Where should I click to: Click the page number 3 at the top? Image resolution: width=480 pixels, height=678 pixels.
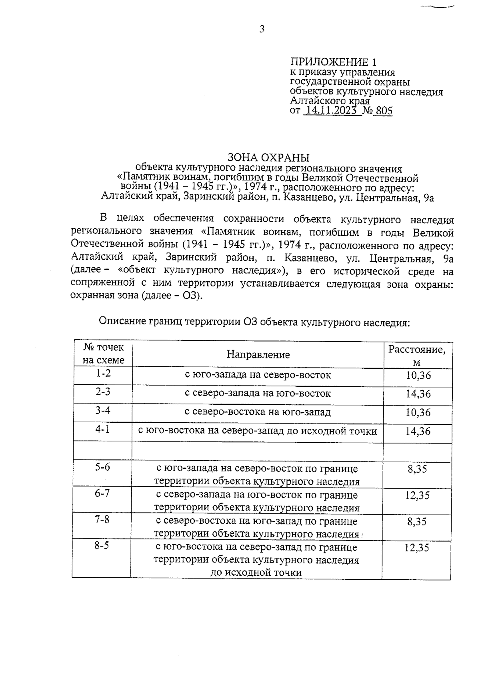click(x=262, y=29)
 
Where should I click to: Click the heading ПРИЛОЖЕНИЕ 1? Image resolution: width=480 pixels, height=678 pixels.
click(x=333, y=62)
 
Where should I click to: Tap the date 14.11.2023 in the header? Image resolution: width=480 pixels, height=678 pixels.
click(x=330, y=111)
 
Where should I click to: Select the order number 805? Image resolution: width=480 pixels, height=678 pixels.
click(x=384, y=111)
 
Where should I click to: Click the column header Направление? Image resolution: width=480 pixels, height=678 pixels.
click(x=258, y=354)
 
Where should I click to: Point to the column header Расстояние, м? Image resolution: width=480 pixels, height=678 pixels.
click(x=417, y=355)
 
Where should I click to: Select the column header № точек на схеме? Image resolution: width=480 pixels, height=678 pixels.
click(x=103, y=354)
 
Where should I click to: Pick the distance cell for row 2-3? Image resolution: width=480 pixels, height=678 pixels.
click(x=418, y=394)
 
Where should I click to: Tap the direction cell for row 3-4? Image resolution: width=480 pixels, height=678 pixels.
click(x=258, y=412)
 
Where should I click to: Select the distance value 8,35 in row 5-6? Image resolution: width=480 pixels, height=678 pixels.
click(x=417, y=469)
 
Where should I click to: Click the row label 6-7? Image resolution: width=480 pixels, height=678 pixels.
click(x=102, y=493)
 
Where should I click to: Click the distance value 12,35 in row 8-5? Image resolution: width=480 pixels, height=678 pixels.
click(x=417, y=547)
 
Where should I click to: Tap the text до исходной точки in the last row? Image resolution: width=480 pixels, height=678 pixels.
click(x=256, y=573)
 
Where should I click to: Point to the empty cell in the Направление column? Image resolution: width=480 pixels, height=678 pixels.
click(x=258, y=451)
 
